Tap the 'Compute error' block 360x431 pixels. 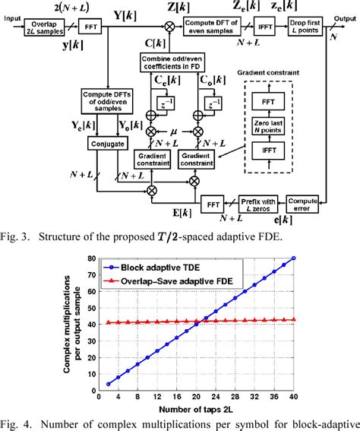(302, 204)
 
